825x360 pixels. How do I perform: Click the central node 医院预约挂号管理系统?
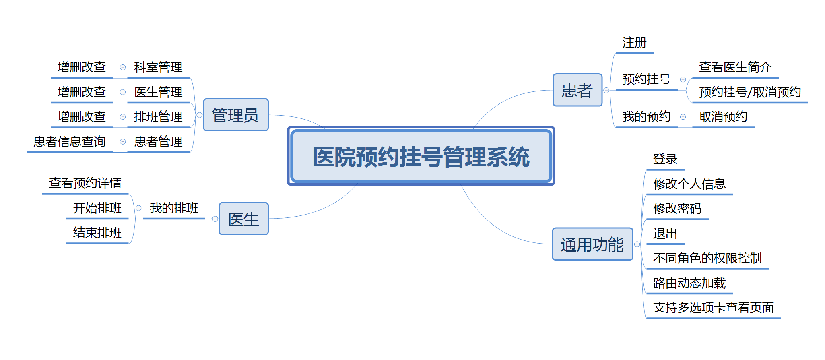point(421,156)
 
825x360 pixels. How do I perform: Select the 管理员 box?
point(236,115)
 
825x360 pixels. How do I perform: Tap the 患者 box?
point(577,90)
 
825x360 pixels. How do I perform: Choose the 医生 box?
point(243,219)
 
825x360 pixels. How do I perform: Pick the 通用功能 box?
point(592,244)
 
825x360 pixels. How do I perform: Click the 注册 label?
point(634,43)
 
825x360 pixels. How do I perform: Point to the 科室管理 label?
point(158,67)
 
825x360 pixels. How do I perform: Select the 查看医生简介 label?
point(735,67)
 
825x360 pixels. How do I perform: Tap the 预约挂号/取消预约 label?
point(750,92)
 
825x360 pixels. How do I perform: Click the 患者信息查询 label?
point(70,142)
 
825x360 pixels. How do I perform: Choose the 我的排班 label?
point(174,208)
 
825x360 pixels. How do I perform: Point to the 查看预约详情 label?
point(85,183)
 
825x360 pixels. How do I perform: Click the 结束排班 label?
point(97,233)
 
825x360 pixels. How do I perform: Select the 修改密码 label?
point(677,209)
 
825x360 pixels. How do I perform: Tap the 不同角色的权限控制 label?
point(707,258)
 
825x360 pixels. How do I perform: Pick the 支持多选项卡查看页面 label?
point(714,308)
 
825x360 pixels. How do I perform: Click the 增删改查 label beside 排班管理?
point(82,117)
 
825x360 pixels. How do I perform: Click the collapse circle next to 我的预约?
point(683,117)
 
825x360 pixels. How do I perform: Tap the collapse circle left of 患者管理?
point(123,142)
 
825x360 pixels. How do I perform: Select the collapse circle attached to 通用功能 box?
point(637,244)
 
